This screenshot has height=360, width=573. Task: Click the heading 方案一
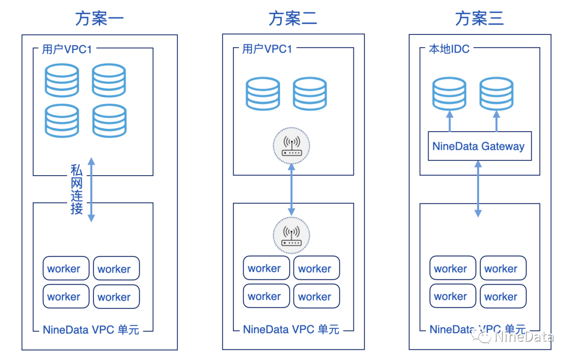99,19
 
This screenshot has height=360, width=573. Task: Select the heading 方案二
293,19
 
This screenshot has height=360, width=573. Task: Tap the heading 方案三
479,19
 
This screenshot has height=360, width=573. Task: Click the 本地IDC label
449,49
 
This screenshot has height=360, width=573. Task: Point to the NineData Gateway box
478,146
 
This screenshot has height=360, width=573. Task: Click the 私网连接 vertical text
77,190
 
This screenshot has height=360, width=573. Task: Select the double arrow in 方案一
91,189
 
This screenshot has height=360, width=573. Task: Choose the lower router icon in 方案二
291,235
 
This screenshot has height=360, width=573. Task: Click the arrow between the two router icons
291,190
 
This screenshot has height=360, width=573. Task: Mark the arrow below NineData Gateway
478,188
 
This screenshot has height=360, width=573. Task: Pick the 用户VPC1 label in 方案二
267,49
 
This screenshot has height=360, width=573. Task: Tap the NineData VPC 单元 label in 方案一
91,330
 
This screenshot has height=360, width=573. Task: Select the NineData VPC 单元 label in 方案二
291,329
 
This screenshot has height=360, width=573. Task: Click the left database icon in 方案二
263,94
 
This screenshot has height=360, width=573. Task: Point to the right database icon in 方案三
496,93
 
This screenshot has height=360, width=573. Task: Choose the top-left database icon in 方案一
62,80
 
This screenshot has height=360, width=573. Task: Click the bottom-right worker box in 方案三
503,296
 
